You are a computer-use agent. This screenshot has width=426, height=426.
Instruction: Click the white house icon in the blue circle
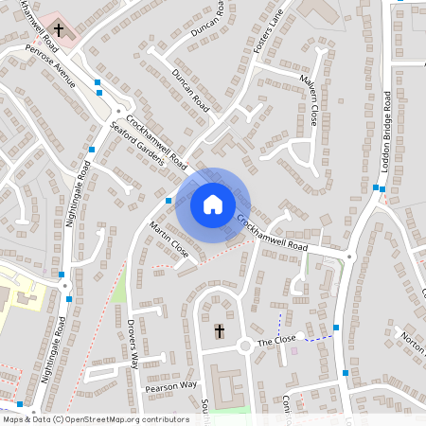tap(213, 204)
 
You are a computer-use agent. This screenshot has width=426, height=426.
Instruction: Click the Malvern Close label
tap(307, 102)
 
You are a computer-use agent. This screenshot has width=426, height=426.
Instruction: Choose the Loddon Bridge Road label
tap(385, 133)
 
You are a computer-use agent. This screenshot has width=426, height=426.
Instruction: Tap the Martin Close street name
tap(169, 241)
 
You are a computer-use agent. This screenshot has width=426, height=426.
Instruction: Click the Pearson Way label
tap(170, 386)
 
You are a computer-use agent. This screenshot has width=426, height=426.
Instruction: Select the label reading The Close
tap(276, 339)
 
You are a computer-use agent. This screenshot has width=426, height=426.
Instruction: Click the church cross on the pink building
tap(59, 30)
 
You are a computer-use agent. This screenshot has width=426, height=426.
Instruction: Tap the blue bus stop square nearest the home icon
tap(169, 201)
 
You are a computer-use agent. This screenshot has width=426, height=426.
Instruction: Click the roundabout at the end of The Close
tap(245, 346)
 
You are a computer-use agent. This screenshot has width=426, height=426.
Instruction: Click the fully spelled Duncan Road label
tap(189, 87)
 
